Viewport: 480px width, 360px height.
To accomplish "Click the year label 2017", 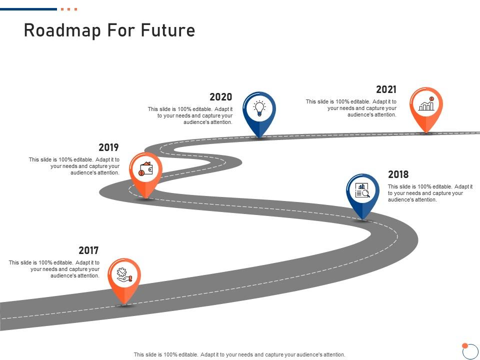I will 88,250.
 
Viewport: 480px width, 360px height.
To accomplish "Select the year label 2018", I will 398,174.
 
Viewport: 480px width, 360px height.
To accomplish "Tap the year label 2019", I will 108,147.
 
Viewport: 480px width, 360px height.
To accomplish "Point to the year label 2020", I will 220,97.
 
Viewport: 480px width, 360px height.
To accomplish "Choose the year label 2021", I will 386,89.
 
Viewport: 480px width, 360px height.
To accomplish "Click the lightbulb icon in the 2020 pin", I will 259,108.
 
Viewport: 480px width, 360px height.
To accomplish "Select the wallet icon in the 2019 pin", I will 145,169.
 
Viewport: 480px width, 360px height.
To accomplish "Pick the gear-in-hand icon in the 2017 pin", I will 124,274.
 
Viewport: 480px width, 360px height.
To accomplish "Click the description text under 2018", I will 430,193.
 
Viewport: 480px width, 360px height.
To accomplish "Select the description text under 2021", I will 351,108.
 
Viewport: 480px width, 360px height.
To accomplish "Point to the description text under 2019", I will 74,166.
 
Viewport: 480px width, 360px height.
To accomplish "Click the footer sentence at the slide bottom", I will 239,354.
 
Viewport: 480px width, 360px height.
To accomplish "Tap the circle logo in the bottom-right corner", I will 470,351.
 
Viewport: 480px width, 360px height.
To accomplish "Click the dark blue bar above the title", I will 28,9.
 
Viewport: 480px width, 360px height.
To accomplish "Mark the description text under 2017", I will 54,269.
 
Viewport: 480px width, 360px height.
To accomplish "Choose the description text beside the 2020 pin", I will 190,115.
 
